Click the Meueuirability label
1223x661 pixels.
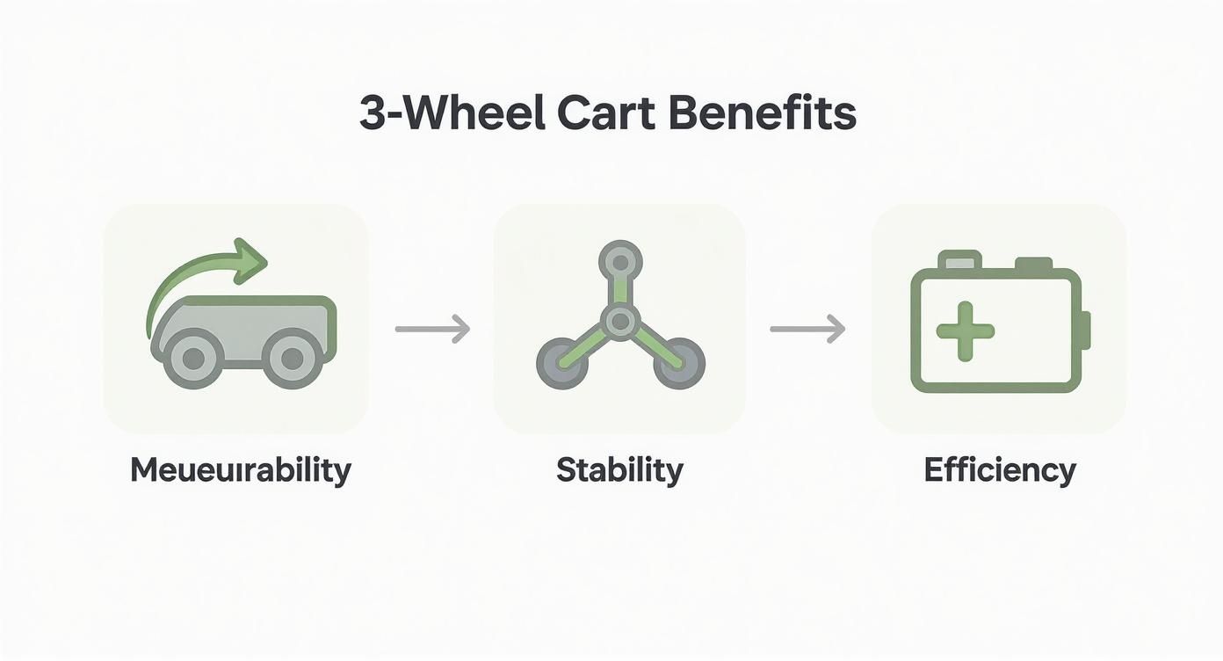pyautogui.click(x=240, y=470)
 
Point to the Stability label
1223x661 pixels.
pyautogui.click(x=619, y=470)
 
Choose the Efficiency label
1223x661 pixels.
pyautogui.click(x=1000, y=470)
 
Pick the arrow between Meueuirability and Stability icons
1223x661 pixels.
pyautogui.click(x=432, y=330)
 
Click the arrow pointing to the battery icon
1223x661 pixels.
pyautogui.click(x=807, y=330)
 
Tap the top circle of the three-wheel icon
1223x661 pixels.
pyautogui.click(x=620, y=261)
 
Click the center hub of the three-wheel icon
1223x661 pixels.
pyautogui.click(x=620, y=322)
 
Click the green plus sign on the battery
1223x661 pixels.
pyautogui.click(x=965, y=330)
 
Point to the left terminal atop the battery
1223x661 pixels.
pyautogui.click(x=959, y=261)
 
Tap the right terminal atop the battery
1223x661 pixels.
pyautogui.click(x=1033, y=264)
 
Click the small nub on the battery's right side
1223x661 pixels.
pyautogui.click(x=1085, y=330)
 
